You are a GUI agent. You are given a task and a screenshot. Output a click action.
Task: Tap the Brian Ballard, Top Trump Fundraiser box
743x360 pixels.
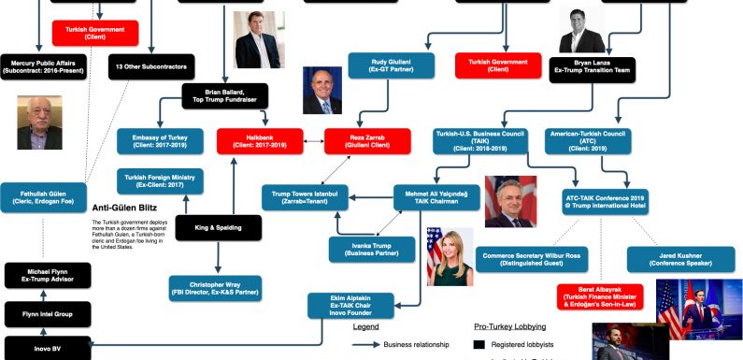[224, 95]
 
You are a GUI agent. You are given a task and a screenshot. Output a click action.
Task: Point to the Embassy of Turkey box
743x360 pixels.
[153, 141]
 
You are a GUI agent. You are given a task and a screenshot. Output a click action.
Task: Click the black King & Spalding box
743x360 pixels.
[219, 227]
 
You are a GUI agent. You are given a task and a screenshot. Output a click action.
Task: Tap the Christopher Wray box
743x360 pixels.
[214, 288]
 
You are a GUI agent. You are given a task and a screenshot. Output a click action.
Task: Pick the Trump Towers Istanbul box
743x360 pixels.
[304, 196]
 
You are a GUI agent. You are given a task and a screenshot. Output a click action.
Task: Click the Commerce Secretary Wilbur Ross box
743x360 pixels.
[530, 259]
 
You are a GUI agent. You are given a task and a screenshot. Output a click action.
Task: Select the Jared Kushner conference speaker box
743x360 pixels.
[667, 259]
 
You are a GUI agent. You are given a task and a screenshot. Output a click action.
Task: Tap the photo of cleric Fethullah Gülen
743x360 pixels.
[39, 122]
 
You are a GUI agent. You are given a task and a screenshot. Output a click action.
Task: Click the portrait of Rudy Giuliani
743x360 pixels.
[322, 90]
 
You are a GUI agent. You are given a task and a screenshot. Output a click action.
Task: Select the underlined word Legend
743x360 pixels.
[365, 326]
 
